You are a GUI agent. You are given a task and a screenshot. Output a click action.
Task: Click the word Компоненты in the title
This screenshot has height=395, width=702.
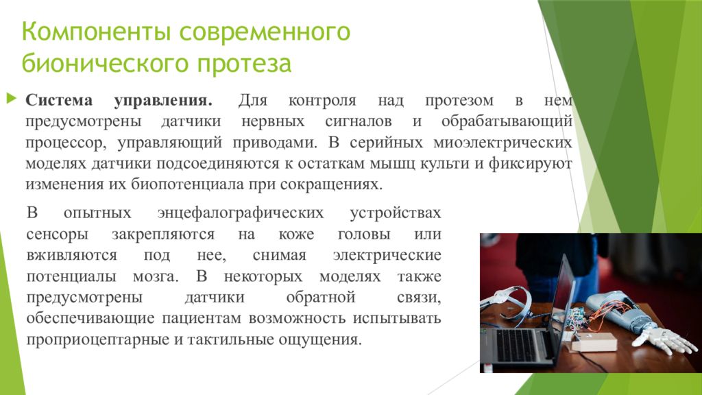(x=96, y=33)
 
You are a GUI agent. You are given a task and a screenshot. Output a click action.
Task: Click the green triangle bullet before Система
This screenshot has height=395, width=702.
(x=12, y=98)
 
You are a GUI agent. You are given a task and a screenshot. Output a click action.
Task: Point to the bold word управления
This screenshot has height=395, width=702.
(x=163, y=101)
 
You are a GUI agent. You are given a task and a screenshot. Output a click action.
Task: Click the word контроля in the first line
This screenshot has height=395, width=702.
(x=322, y=101)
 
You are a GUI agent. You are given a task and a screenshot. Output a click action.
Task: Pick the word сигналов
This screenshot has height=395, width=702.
(x=358, y=121)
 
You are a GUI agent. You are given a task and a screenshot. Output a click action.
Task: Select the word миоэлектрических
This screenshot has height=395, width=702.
(x=503, y=143)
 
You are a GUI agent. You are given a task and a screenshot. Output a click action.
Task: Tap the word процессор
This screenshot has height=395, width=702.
(x=66, y=143)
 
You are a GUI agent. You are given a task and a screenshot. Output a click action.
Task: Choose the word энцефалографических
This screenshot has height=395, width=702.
(x=241, y=213)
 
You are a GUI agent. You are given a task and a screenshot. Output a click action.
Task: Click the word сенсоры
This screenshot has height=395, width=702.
(x=58, y=235)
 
